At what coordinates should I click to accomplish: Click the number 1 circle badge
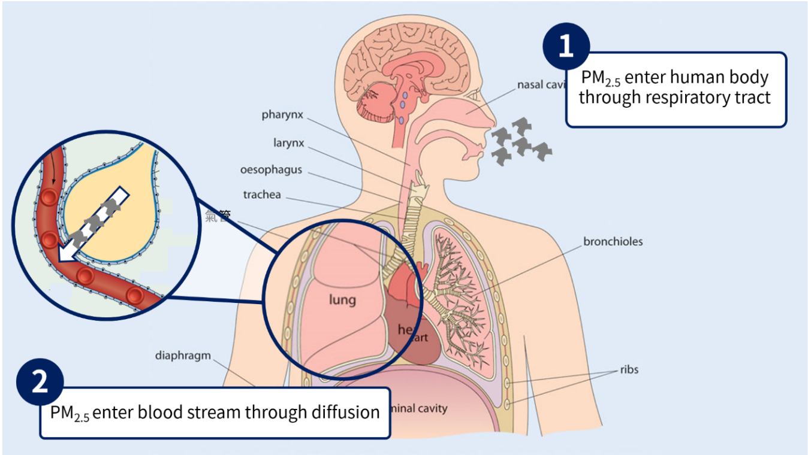[566, 46]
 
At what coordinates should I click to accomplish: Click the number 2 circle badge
[40, 382]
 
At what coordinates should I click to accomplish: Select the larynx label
[289, 143]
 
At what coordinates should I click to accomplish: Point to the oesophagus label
[271, 170]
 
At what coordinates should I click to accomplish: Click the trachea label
[262, 195]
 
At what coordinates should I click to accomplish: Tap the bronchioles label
[613, 242]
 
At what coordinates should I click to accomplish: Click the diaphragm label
[183, 356]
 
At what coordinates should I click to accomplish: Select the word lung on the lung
[342, 299]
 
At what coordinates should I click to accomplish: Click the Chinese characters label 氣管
[218, 217]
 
